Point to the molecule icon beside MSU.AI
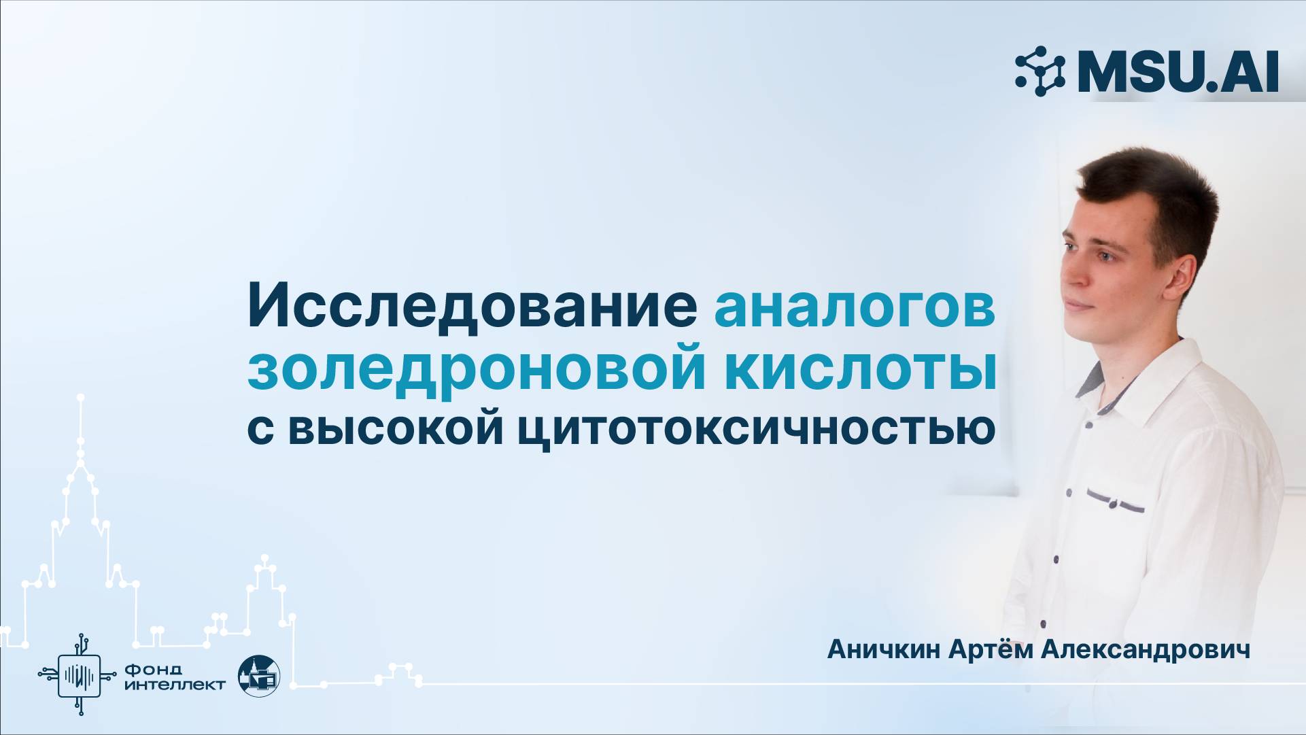click(1040, 71)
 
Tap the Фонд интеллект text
click(175, 677)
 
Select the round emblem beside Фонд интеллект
click(259, 676)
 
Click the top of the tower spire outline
click(81, 396)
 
